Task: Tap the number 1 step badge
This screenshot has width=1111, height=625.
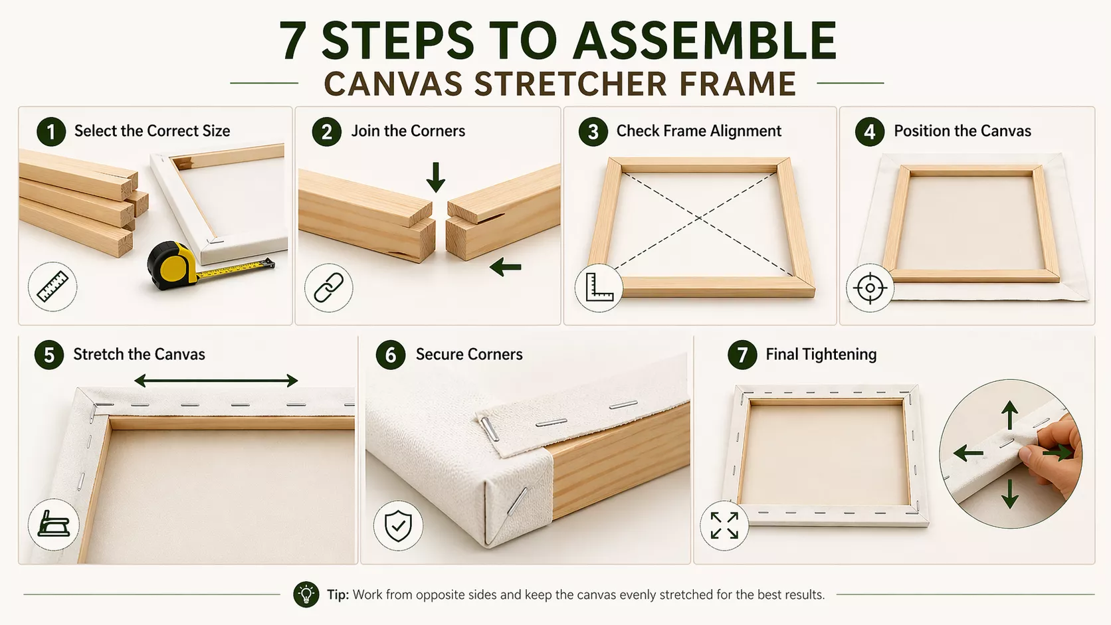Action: point(51,132)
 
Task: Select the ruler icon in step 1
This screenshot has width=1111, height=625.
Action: point(52,286)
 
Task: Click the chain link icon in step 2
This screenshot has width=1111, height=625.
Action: point(329,288)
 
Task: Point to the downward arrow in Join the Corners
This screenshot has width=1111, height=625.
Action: point(435,177)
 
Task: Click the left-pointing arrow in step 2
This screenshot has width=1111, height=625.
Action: point(506,267)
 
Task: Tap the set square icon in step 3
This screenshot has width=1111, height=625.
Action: point(599,288)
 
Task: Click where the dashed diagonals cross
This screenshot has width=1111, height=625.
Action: point(699,217)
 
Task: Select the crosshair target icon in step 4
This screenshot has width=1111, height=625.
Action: point(870,288)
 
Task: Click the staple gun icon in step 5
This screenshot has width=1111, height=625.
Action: point(54,525)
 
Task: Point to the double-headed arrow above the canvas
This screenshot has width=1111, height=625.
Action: point(216,381)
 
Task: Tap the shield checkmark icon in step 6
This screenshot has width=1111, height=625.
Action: point(398,525)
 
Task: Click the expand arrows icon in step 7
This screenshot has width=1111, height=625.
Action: point(724,525)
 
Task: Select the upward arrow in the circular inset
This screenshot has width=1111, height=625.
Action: point(1009,415)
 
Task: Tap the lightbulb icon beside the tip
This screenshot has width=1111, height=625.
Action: point(306,594)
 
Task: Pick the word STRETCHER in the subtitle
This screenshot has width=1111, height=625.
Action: point(570,84)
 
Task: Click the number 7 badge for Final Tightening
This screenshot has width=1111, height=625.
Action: point(742,355)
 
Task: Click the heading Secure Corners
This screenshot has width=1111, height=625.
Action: point(469,355)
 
